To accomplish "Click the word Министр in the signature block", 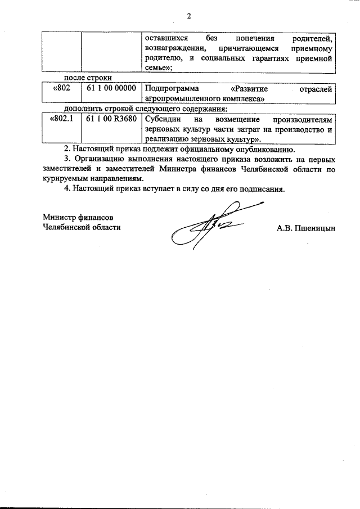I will point(60,217).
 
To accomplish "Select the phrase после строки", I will point(88,78).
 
